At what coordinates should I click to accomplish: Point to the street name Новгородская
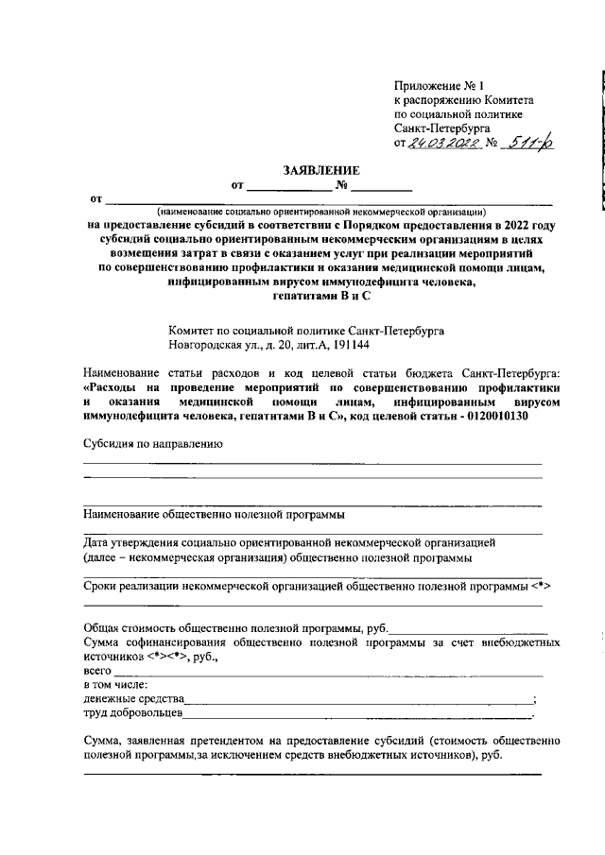pyautogui.click(x=208, y=346)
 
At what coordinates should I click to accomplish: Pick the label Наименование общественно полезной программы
pyautogui.click(x=214, y=515)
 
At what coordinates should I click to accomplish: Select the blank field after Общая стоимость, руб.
pyautogui.click(x=468, y=627)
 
